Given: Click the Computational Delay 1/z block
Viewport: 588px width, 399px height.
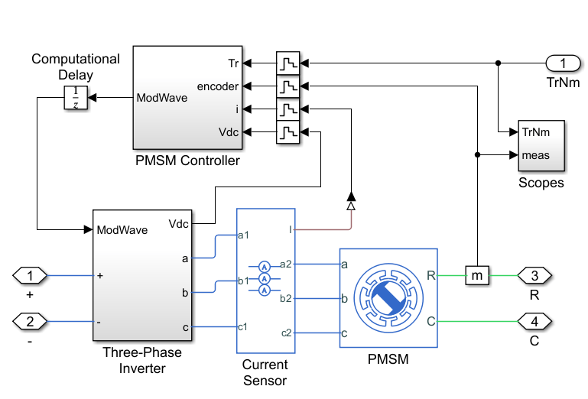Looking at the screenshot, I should pyautogui.click(x=75, y=98).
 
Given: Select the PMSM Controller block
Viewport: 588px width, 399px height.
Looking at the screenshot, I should pyautogui.click(x=188, y=97).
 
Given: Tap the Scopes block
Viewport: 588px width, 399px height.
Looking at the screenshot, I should pyautogui.click(x=541, y=144).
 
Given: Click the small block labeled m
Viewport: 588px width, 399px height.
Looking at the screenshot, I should pyautogui.click(x=476, y=274).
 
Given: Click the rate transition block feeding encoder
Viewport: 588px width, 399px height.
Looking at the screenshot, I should pyautogui.click(x=288, y=86).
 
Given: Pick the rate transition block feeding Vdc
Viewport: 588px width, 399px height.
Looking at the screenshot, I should pyautogui.click(x=288, y=133).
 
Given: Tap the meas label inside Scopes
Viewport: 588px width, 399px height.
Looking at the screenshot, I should pyautogui.click(x=535, y=156).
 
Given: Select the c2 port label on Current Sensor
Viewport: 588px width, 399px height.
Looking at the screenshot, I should pyautogui.click(x=285, y=332).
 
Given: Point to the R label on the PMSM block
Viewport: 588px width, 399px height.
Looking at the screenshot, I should pyautogui.click(x=430, y=274).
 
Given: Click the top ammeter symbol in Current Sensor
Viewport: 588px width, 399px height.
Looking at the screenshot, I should pyautogui.click(x=263, y=266).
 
